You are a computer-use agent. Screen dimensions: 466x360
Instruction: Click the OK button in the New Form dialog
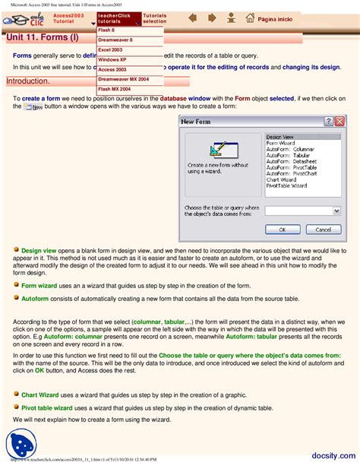pos(283,229)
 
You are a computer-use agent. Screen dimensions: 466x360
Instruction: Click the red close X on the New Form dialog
pos(339,121)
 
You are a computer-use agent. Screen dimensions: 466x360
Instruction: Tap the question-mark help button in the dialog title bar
pos(328,121)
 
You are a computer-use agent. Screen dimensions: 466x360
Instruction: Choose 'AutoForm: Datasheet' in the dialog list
pos(291,161)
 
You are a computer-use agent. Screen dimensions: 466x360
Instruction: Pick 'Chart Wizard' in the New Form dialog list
pos(283,179)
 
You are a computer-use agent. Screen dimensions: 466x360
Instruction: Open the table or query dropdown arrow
pos(336,211)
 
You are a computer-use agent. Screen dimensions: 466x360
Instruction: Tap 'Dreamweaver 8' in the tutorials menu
pos(115,40)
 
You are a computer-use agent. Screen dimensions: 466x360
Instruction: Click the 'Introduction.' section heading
pos(28,81)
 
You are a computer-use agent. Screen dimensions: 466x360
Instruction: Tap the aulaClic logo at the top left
pos(22,18)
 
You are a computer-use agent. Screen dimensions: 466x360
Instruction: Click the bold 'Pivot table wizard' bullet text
pos(47,407)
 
